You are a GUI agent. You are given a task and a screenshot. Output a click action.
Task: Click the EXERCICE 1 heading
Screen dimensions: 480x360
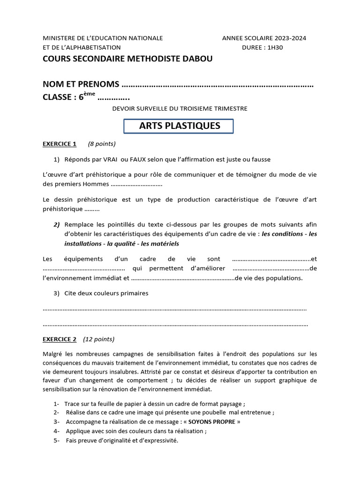pos(59,144)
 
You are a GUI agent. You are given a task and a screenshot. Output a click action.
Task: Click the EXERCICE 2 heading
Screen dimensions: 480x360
pos(59,339)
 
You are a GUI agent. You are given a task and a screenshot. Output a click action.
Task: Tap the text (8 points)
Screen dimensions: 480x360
pos(102,144)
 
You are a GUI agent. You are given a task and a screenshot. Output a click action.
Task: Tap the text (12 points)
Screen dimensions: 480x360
pos(98,339)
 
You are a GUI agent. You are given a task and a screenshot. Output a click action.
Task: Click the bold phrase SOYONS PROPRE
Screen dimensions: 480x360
pos(212,421)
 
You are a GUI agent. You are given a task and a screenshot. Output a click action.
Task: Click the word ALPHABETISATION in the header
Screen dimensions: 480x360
pos(90,47)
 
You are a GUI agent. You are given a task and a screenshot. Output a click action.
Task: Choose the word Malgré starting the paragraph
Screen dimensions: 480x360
pos(52,354)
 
